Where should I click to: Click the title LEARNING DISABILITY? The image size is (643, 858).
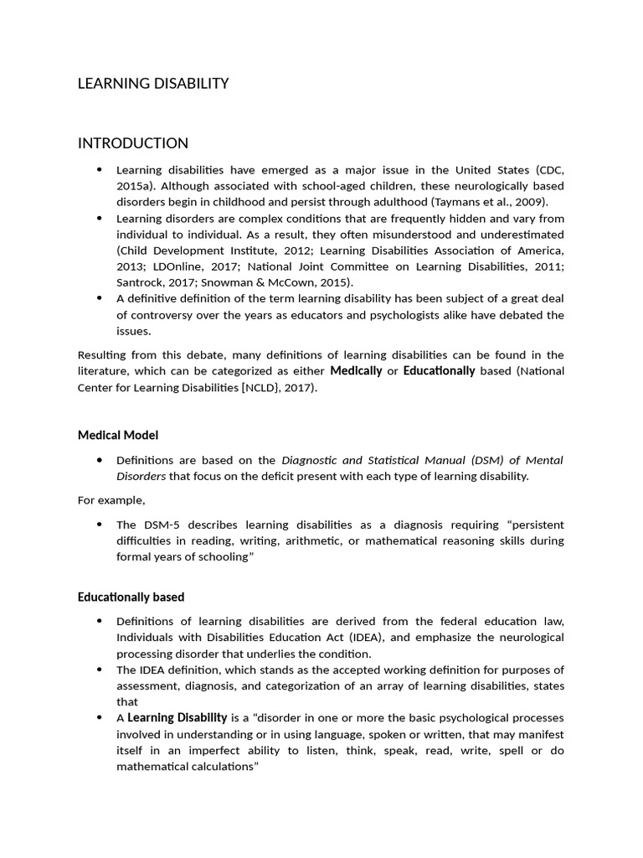pyautogui.click(x=153, y=83)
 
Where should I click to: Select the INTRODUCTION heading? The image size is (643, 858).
pyautogui.click(x=133, y=142)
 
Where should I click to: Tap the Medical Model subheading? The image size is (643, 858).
pyautogui.click(x=118, y=435)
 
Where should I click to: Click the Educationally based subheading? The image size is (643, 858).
pyautogui.click(x=131, y=597)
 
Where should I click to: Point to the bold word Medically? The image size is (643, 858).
pyautogui.click(x=356, y=370)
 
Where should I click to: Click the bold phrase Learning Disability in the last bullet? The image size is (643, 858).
pyautogui.click(x=177, y=717)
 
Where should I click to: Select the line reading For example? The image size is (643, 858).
pyautogui.click(x=111, y=500)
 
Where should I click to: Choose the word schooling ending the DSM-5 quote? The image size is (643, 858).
pyautogui.click(x=222, y=557)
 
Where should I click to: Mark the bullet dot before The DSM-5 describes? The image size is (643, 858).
pyautogui.click(x=100, y=525)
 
